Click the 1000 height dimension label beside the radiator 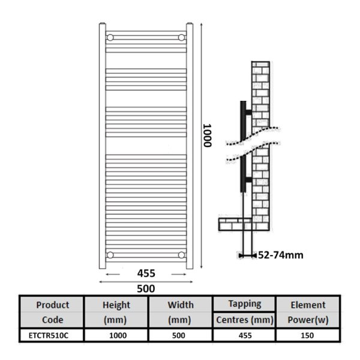click(208, 136)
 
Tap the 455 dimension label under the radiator click(146, 274)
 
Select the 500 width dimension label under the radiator click(146, 289)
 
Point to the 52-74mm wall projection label click(281, 255)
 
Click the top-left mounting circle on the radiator click(110, 37)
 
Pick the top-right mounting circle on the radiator click(181, 37)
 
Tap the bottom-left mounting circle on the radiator click(110, 255)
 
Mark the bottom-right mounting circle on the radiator click(181, 255)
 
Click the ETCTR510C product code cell click(49, 335)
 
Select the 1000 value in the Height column click(118, 335)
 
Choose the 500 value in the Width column click(179, 335)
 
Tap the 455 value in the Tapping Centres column click(245, 335)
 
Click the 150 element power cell click(307, 335)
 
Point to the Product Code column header click(53, 312)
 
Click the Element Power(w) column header click(308, 312)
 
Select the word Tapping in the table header click(245, 304)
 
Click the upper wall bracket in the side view click(249, 112)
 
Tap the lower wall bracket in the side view click(249, 179)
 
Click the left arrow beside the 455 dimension click(113, 274)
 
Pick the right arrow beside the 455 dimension click(179, 274)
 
